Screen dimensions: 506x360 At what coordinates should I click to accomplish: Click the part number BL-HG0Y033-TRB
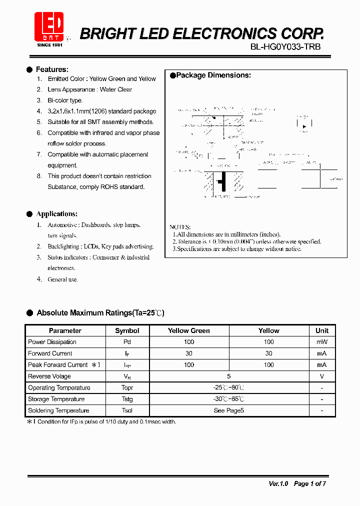point(285,46)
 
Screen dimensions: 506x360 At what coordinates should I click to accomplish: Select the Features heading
point(52,69)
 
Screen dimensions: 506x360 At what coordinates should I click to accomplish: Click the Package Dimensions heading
point(213,75)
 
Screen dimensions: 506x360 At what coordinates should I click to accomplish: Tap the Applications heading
point(56,214)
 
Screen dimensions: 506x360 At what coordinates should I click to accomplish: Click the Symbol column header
point(127,330)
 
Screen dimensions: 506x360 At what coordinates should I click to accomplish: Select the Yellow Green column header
point(188,330)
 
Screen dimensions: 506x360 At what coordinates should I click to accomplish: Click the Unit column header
point(322,330)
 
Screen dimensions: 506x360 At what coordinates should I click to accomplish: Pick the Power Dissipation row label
point(52,342)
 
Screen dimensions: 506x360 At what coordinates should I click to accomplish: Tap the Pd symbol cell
point(127,342)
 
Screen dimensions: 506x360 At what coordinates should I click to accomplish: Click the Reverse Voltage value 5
point(228,376)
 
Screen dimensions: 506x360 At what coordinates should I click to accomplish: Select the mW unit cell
point(322,342)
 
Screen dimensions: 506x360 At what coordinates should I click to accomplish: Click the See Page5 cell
point(228,410)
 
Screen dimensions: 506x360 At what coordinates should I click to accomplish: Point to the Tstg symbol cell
point(127,399)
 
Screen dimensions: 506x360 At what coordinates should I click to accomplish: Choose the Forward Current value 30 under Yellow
point(268,353)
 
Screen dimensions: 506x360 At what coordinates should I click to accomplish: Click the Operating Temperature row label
point(59,388)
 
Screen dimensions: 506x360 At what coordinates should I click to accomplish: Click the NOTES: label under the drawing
point(180,227)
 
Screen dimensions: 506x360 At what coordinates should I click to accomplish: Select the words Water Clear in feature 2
point(116,89)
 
